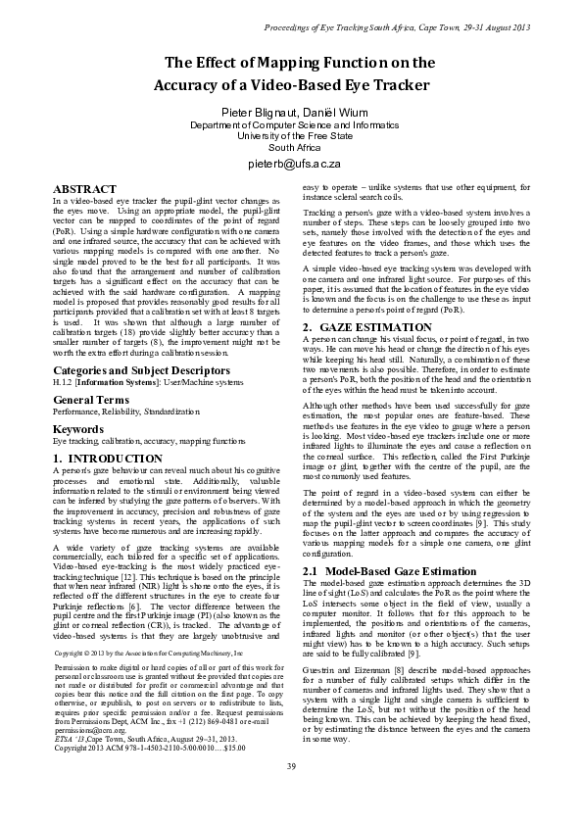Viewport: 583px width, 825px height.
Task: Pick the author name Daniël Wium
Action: [326, 113]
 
